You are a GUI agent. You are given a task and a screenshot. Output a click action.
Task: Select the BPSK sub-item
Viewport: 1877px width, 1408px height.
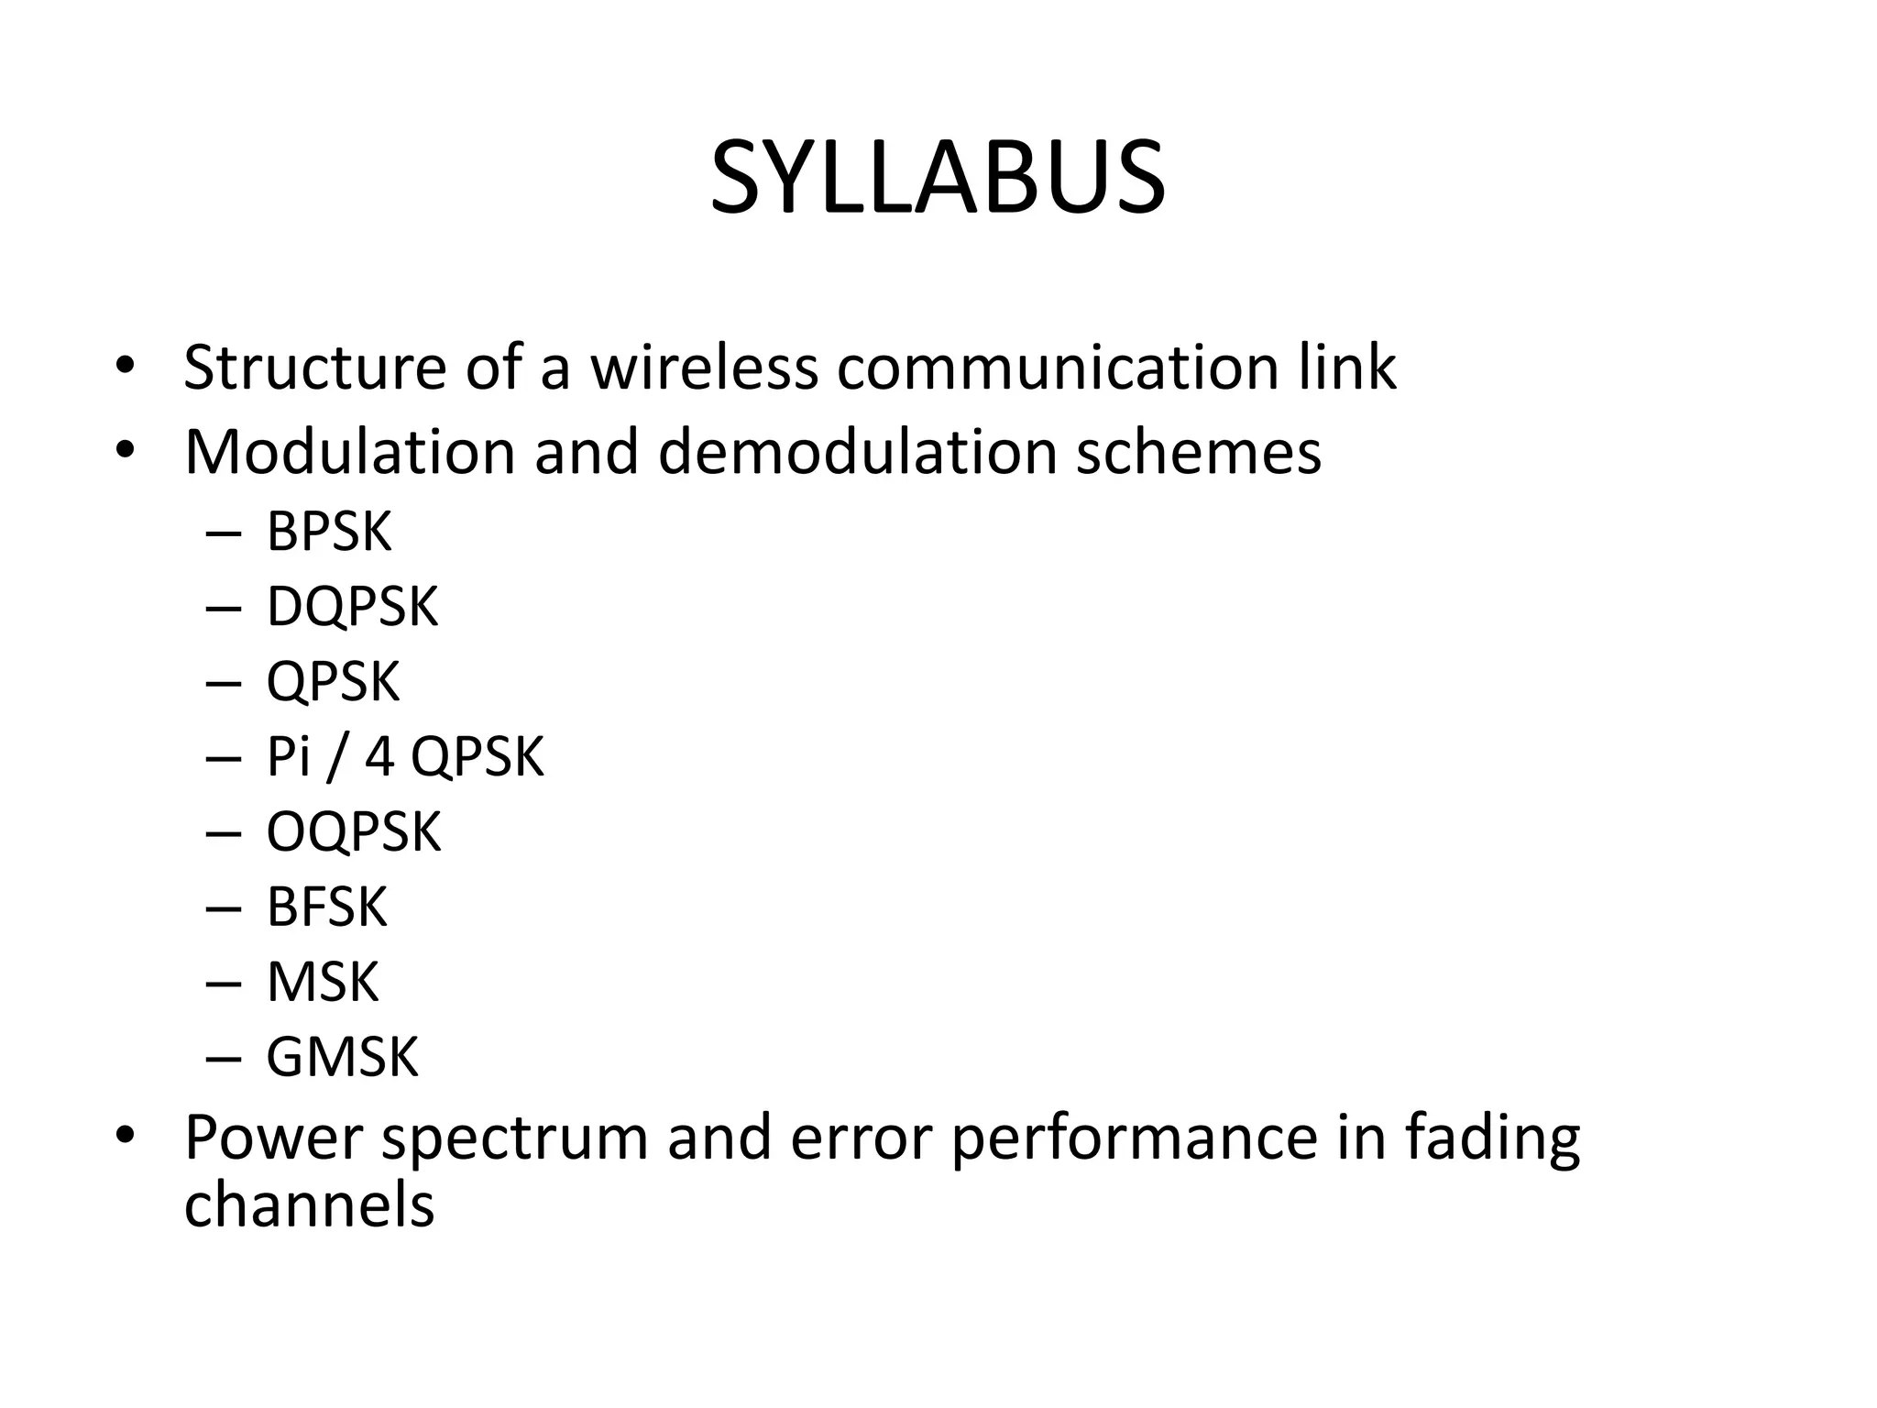(x=328, y=531)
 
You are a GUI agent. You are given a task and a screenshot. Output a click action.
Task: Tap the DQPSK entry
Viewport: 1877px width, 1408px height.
(x=352, y=606)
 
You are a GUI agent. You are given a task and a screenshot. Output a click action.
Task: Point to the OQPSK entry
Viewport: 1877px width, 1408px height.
(x=353, y=831)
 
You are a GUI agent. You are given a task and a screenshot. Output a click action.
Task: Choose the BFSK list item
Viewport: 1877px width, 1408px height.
(x=326, y=907)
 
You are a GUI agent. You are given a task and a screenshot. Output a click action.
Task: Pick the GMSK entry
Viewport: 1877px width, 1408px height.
(x=342, y=1057)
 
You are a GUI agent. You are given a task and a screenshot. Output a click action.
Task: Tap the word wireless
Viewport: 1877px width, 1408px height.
(x=703, y=368)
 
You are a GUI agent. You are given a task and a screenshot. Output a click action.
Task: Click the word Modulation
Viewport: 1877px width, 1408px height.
(x=349, y=452)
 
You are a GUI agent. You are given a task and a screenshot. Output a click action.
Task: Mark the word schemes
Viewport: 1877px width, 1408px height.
(x=1198, y=452)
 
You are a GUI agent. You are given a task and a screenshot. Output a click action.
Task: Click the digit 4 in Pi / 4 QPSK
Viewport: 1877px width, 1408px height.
(x=379, y=757)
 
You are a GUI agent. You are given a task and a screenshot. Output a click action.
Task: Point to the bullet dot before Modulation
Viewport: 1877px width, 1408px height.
(x=126, y=451)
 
